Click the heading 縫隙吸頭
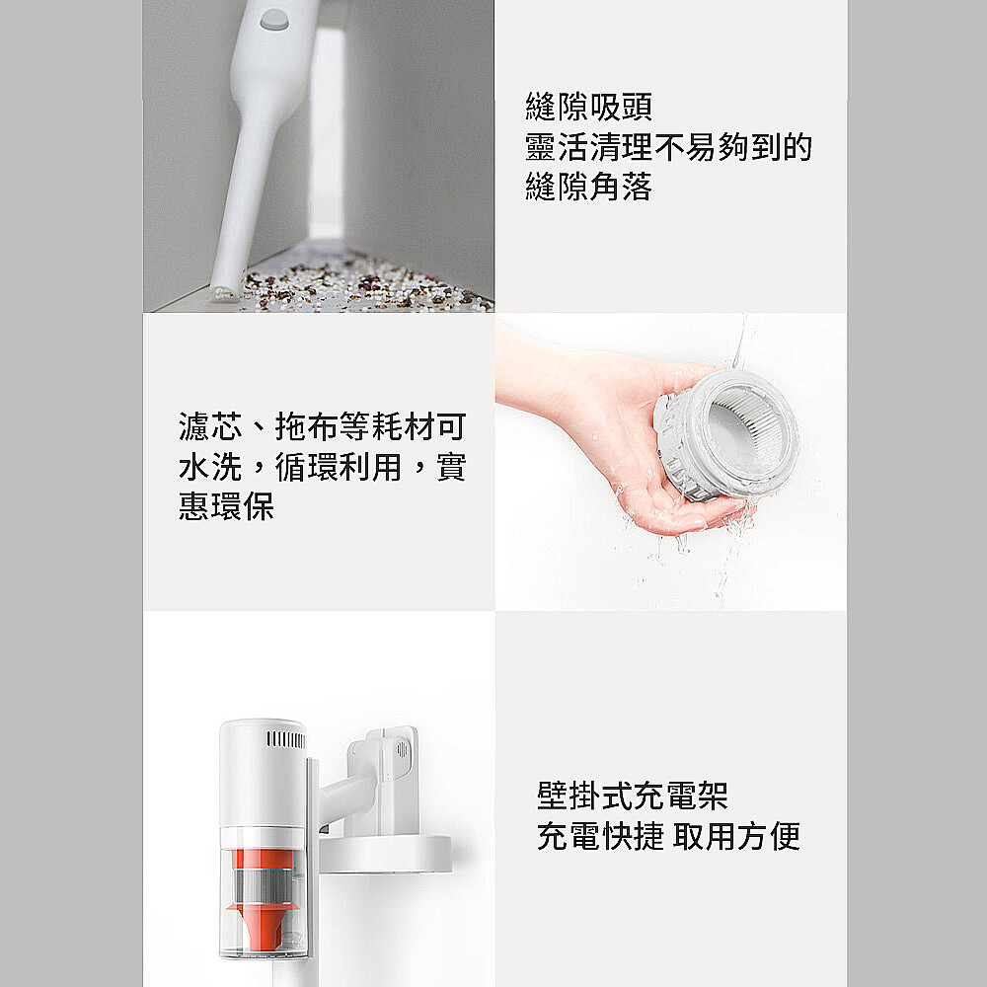pos(588,107)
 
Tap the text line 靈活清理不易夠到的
pos(668,147)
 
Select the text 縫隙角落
pos(588,187)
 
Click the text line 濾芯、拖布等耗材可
pos(323,426)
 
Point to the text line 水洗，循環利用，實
pos(323,467)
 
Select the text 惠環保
pos(226,506)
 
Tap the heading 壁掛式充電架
pos(632,796)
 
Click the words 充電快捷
pos(600,836)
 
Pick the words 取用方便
pos(736,836)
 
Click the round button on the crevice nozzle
pos(274,20)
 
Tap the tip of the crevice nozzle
pos(223,292)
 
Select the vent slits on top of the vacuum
pos(286,739)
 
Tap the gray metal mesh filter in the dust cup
pos(265,885)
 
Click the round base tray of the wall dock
pos(385,854)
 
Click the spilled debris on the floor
pos(365,287)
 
